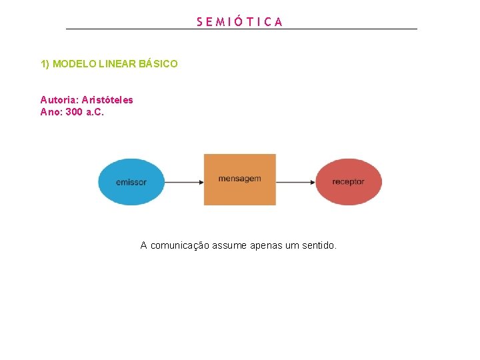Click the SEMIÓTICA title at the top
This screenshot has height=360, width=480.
coord(240,21)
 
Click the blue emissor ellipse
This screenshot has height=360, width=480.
coord(131,181)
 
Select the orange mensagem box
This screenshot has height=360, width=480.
coord(239,179)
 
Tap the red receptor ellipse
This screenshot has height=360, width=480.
coord(348,181)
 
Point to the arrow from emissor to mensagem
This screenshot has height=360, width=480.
coord(183,181)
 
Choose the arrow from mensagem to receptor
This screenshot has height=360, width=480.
coord(295,181)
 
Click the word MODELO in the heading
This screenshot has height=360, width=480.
coord(74,64)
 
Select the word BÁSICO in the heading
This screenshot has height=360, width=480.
coord(159,64)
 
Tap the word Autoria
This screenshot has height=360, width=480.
coord(59,100)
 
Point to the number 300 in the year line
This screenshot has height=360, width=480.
coord(74,111)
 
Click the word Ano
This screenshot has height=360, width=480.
coord(51,111)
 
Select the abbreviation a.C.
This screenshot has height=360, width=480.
coord(95,111)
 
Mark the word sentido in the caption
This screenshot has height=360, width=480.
coord(319,245)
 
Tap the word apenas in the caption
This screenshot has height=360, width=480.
coord(265,245)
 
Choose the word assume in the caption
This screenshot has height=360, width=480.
coord(230,245)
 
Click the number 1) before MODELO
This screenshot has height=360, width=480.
coord(45,64)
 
